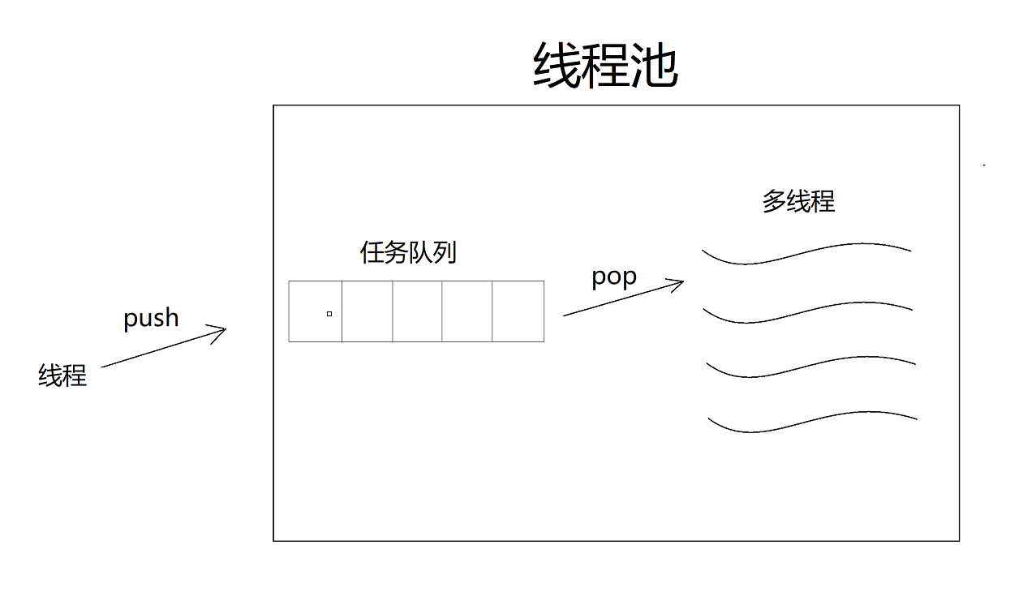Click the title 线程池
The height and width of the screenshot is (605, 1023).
point(605,65)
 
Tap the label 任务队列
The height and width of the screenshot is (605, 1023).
point(408,252)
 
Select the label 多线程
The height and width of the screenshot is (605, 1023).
point(798,200)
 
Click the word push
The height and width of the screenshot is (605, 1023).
point(151,318)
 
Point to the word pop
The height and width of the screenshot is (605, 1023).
point(614,277)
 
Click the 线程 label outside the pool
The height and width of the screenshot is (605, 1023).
point(62,375)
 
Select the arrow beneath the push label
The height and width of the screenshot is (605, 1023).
point(162,348)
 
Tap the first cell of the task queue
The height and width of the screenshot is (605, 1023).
point(315,311)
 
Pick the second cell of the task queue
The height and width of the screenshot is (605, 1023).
point(367,311)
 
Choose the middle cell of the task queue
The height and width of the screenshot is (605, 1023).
point(417,311)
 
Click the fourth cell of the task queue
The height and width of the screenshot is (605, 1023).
point(467,311)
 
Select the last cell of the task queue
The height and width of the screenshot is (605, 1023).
point(518,311)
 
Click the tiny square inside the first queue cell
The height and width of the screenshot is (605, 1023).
point(329,313)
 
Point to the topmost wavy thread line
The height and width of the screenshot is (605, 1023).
point(806,252)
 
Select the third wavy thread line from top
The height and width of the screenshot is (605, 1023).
point(811,367)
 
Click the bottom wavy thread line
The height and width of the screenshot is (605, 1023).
point(813,422)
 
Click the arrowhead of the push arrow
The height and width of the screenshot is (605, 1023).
point(222,329)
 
